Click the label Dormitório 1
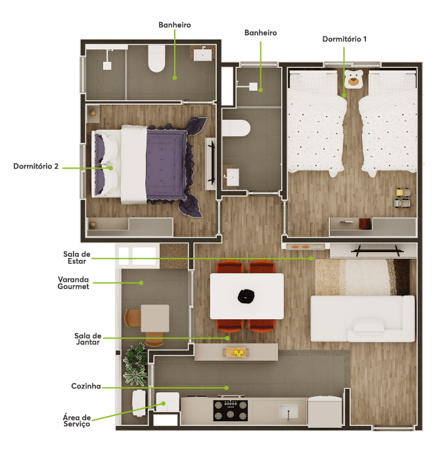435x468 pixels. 344,39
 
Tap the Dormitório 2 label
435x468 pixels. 35,167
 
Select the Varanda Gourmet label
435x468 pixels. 74,283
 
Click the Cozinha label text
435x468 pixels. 86,386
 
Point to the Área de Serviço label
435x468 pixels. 77,421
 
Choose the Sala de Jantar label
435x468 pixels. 87,339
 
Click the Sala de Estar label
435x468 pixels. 77,257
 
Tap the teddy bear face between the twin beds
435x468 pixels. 354,79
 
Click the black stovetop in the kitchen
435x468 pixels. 230,410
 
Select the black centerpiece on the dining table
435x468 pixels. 246,296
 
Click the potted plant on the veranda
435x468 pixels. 135,365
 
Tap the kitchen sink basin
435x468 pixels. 288,411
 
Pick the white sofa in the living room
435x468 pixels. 363,319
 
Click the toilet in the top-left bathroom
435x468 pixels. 156,59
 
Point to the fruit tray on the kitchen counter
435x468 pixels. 237,352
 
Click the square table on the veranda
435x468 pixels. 155,318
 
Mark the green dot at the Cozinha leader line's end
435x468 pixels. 227,388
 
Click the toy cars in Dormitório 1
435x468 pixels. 403,197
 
